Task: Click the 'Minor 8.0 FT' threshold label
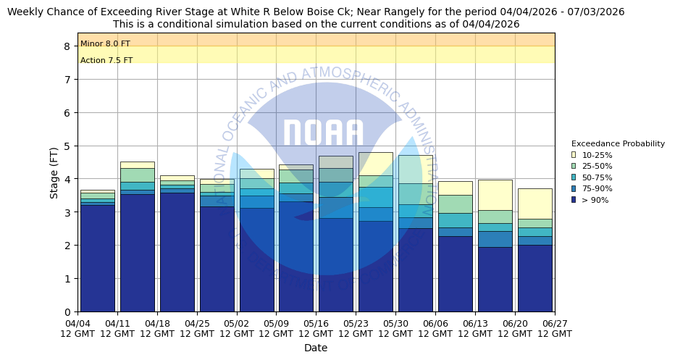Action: point(105,44)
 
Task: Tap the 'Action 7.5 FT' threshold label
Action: point(106,61)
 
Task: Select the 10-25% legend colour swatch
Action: point(574,155)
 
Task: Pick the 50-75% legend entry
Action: point(596,177)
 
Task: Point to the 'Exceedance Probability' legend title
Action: point(618,143)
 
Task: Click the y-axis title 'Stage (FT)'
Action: point(54,172)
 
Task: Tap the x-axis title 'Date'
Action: point(316,348)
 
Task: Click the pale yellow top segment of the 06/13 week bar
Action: point(495,195)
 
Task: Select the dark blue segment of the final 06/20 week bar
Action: point(534,279)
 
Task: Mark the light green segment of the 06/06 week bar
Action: point(455,204)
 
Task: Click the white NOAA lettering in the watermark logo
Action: point(322,133)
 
